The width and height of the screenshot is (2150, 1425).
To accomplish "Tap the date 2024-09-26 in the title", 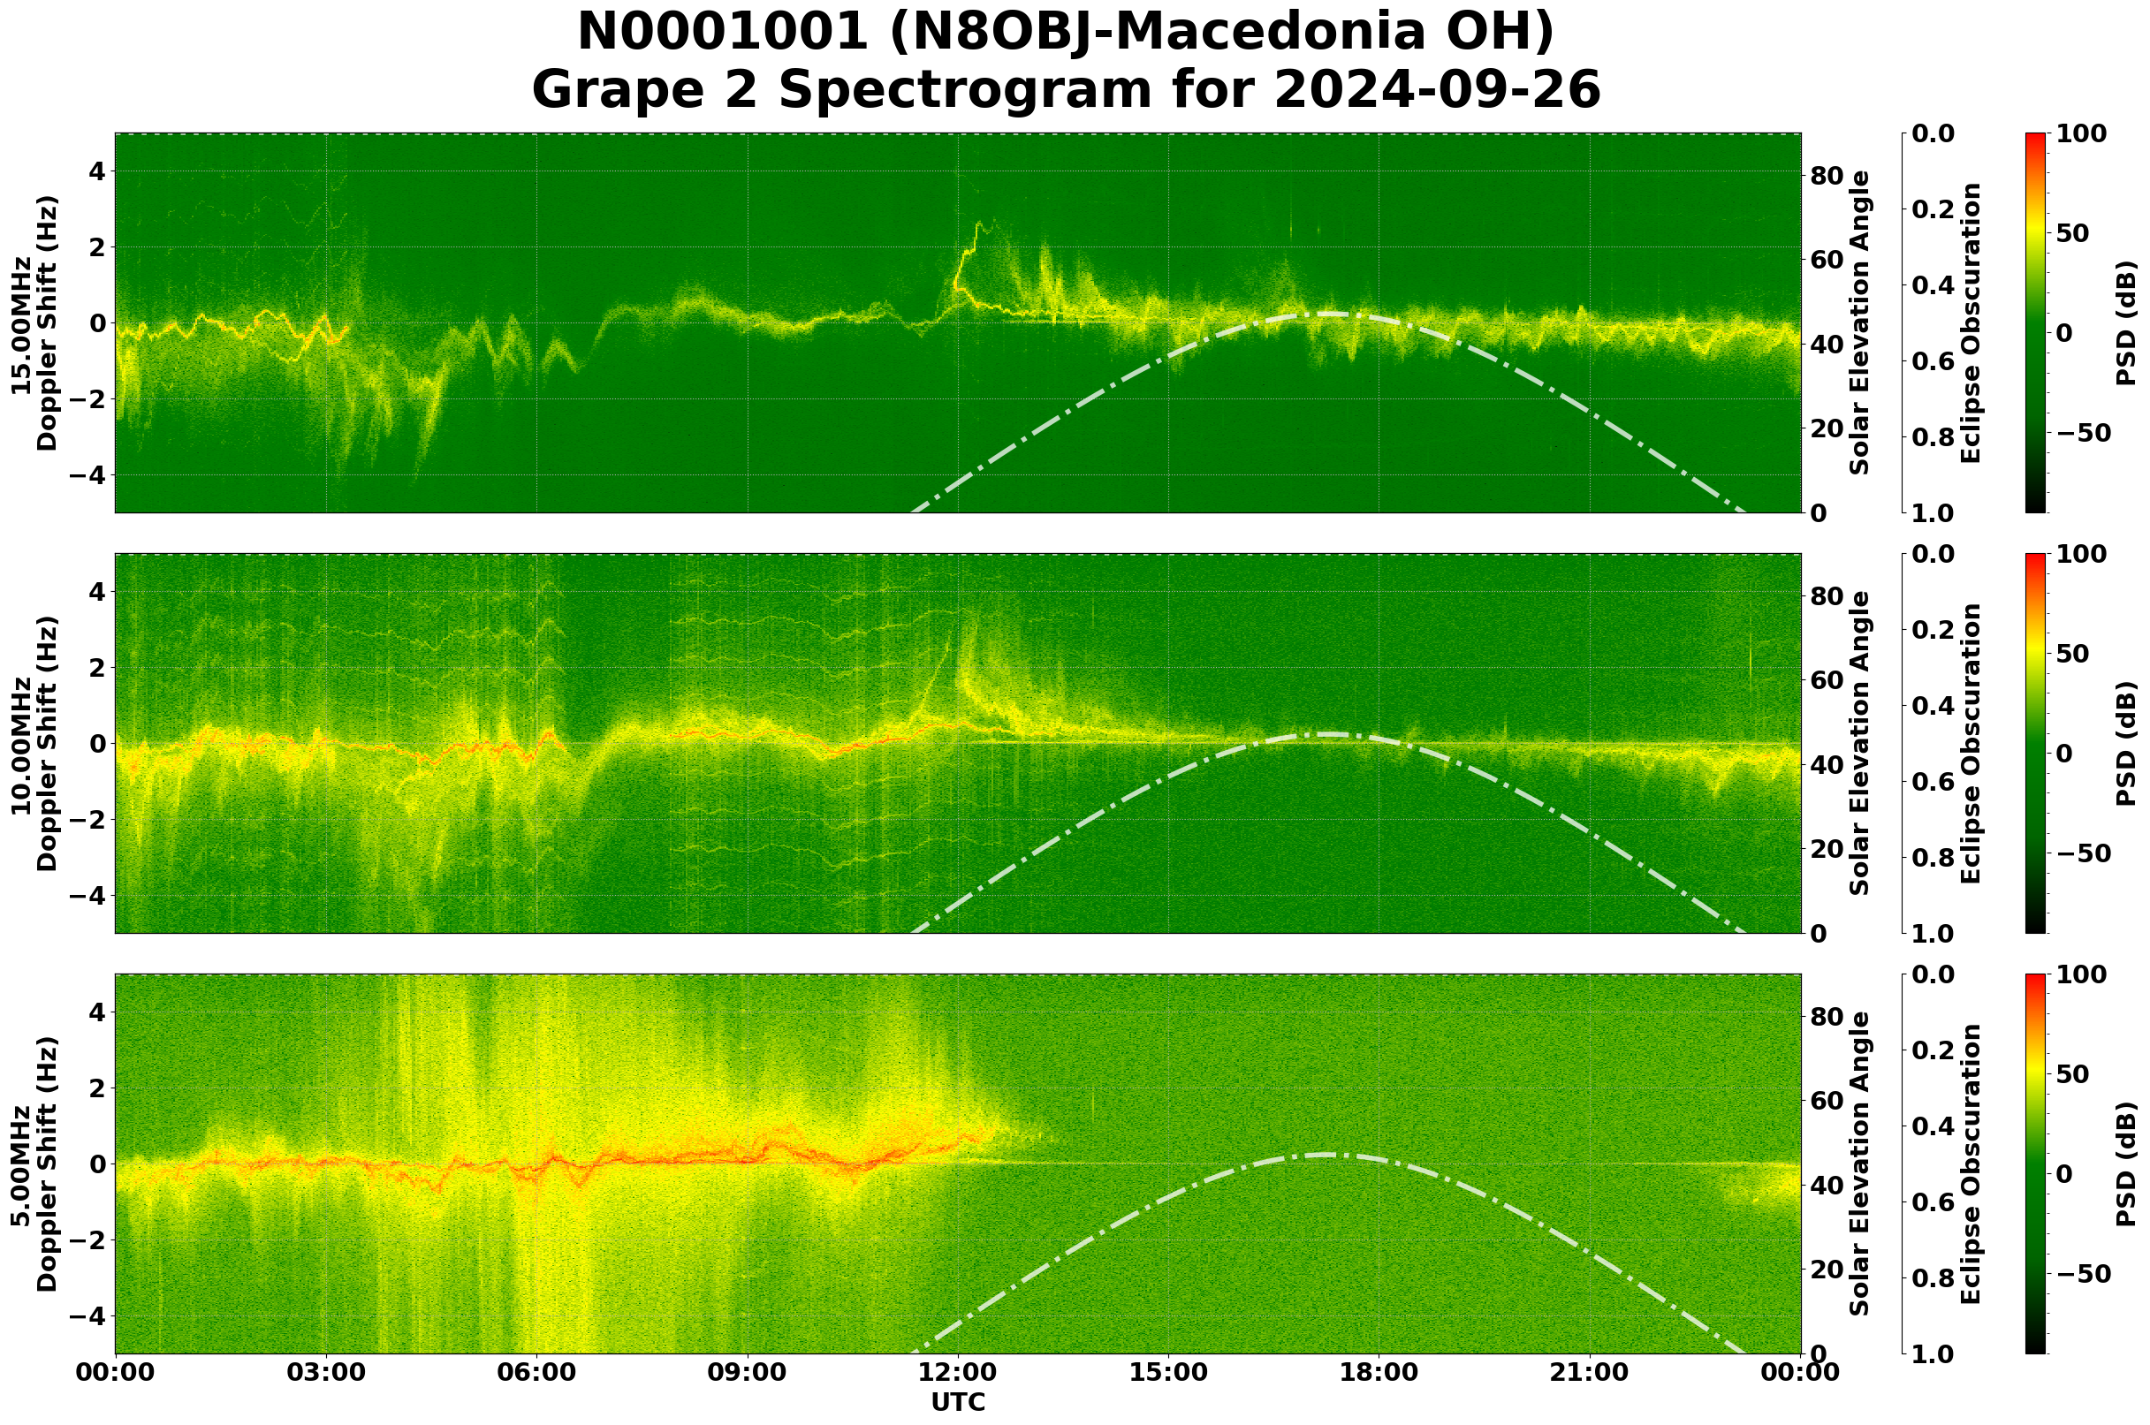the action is pyautogui.click(x=1436, y=91).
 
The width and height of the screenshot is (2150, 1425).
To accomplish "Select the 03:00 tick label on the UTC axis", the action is pyautogui.click(x=326, y=1371).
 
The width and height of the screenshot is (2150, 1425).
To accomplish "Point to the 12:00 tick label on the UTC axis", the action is pyautogui.click(x=958, y=1371).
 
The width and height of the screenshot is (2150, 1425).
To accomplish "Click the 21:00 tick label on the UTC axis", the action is pyautogui.click(x=1590, y=1371).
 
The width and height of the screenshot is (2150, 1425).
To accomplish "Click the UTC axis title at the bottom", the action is pyautogui.click(x=958, y=1402).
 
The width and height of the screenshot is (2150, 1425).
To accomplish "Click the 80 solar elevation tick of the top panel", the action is pyautogui.click(x=1827, y=177).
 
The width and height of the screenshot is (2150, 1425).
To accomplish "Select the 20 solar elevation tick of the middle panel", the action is pyautogui.click(x=1827, y=850).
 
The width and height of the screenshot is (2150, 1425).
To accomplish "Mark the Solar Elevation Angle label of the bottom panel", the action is pyautogui.click(x=1860, y=1164).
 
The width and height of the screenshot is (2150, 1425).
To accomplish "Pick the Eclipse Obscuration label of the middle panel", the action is pyautogui.click(x=1970, y=743).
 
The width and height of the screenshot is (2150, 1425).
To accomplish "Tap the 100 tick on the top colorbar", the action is pyautogui.click(x=2080, y=133).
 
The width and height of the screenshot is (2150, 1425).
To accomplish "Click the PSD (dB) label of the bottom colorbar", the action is pyautogui.click(x=2126, y=1164).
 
